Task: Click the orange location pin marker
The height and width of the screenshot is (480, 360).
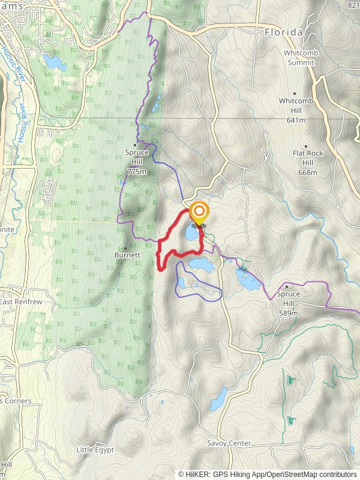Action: pyautogui.click(x=199, y=214)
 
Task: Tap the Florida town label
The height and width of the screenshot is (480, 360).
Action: pyautogui.click(x=284, y=32)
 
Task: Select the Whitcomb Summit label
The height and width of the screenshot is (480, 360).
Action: pyautogui.click(x=301, y=58)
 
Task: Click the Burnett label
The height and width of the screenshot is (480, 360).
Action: pyautogui.click(x=127, y=255)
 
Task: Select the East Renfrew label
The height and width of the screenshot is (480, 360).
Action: pyautogui.click(x=20, y=302)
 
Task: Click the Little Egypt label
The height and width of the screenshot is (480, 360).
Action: pyautogui.click(x=95, y=449)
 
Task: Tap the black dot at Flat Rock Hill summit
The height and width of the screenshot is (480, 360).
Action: pyautogui.click(x=305, y=146)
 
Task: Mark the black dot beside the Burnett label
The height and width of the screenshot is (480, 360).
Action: pyautogui.click(x=125, y=247)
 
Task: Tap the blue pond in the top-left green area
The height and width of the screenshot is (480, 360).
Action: pyautogui.click(x=54, y=62)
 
